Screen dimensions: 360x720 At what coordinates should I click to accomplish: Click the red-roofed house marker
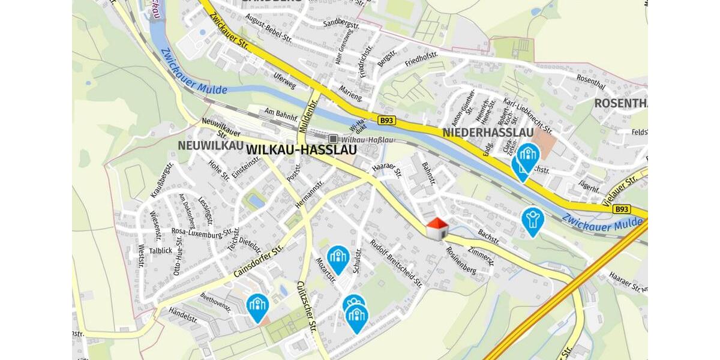click(x=437, y=229)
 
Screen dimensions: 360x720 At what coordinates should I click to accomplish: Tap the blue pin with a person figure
click(x=532, y=220)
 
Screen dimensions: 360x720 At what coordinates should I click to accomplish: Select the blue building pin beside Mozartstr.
click(x=338, y=259)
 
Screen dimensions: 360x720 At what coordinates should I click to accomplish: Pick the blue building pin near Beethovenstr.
click(x=257, y=307)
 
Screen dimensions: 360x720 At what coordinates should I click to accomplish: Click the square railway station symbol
click(x=333, y=139)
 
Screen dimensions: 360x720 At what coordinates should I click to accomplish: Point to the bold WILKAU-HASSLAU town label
click(x=302, y=149)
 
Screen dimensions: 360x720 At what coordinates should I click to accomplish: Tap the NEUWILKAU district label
click(x=210, y=146)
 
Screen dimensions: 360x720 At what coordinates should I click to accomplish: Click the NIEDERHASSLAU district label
click(x=487, y=132)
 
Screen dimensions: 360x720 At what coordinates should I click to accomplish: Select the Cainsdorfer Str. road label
click(x=258, y=262)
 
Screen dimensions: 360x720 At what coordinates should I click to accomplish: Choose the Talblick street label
click(x=161, y=251)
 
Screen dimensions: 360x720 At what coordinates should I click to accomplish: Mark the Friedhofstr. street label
click(x=421, y=59)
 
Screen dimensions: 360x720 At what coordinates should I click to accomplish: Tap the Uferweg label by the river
click(x=284, y=81)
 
